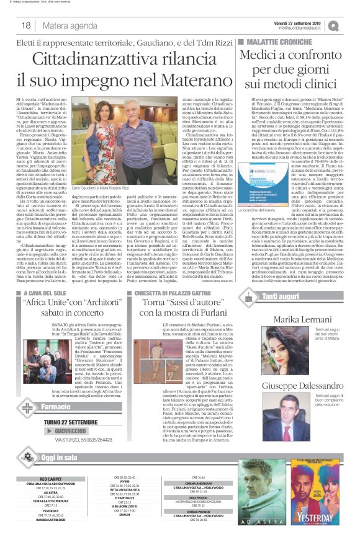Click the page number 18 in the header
tap(26, 25)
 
